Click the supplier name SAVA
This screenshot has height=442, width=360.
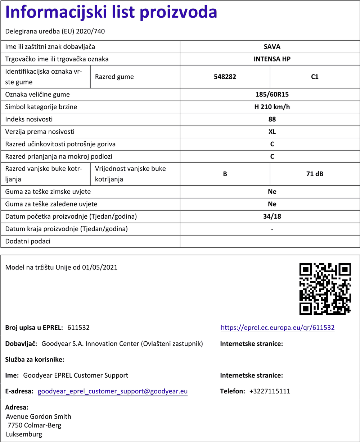[x=272, y=46]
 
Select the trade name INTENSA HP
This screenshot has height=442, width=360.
[x=272, y=59]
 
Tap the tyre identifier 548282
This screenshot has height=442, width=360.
[x=225, y=77]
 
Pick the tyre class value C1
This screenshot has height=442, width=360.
[x=315, y=77]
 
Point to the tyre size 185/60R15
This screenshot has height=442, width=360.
[x=272, y=95]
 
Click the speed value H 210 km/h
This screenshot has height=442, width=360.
[x=272, y=107]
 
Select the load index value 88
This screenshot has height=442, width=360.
[x=272, y=119]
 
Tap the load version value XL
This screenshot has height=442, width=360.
[x=272, y=132]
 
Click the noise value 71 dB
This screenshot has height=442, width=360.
[x=315, y=174]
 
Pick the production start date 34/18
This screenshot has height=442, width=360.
[x=272, y=217]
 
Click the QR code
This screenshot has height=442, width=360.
[x=325, y=289]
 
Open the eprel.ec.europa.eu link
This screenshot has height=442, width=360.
[x=278, y=328]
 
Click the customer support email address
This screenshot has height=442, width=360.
[x=113, y=391]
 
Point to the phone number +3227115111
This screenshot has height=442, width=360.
[x=270, y=391]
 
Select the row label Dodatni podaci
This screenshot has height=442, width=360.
[x=28, y=241]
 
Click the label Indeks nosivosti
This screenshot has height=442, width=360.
[x=29, y=119]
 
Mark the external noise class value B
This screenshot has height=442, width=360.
[x=225, y=174]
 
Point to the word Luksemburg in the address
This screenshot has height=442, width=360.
[x=24, y=434]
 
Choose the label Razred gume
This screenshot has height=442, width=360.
[x=114, y=77]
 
